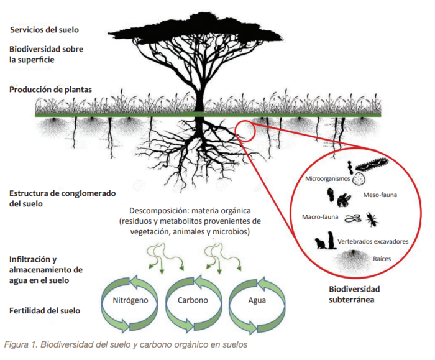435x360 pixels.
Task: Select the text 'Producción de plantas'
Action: (51, 90)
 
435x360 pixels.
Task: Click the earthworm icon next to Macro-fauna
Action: (353, 219)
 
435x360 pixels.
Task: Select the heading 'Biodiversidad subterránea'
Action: (354, 294)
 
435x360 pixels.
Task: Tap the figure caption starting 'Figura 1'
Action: (126, 344)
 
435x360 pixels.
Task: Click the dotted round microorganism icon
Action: (358, 180)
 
